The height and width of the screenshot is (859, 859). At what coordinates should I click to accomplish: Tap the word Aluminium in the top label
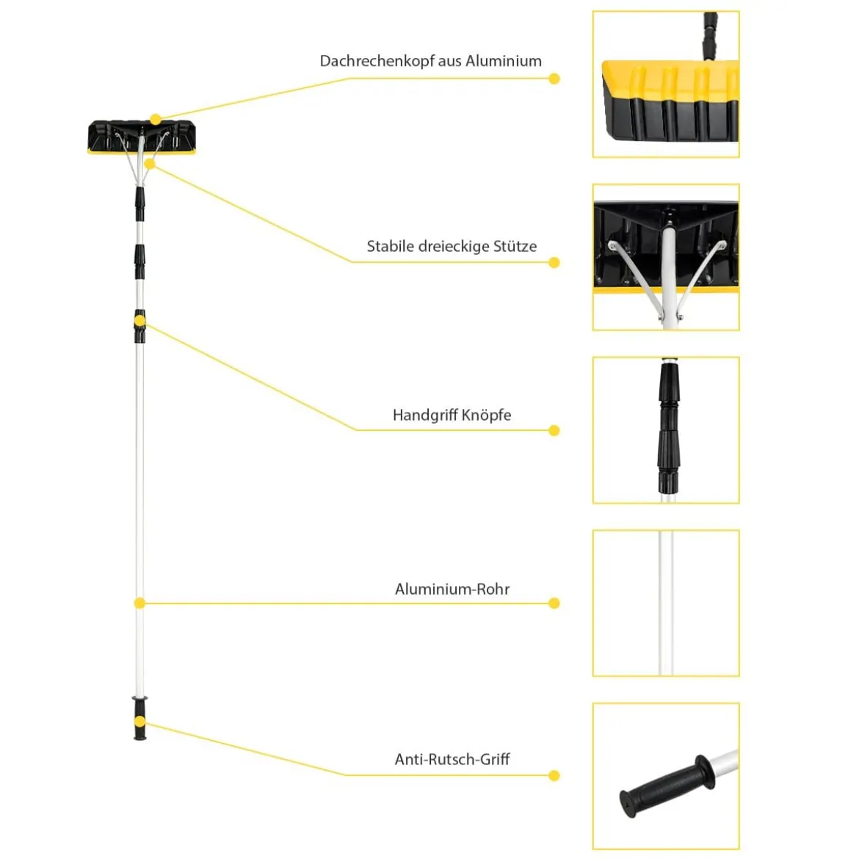point(504,61)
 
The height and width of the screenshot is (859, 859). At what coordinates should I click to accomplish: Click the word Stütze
point(515,246)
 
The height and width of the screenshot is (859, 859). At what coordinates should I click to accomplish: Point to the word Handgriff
point(425,416)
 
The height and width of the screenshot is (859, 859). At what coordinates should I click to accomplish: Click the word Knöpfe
point(487,416)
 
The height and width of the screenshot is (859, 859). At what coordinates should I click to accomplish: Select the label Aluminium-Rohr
point(452,589)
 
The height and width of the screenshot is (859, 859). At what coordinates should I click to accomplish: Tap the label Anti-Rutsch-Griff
point(452,759)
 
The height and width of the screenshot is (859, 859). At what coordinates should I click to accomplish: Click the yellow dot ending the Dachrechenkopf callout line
point(554,79)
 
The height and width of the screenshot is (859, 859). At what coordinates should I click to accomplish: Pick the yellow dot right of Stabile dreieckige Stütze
point(554,262)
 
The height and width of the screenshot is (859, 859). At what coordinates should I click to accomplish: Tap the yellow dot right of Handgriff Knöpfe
point(554,430)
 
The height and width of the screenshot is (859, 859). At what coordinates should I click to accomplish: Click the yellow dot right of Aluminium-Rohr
point(554,604)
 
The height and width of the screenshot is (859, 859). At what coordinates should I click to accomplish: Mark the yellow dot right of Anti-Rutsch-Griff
point(554,776)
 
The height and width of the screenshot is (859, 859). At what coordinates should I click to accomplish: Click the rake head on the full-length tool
point(142,137)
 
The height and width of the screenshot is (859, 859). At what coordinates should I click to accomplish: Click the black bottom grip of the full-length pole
point(140,718)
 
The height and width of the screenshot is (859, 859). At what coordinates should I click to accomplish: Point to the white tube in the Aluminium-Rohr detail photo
point(666,603)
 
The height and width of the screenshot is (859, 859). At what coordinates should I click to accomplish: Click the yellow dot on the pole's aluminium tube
point(139,604)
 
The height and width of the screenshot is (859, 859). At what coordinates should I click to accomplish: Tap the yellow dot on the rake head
point(156,120)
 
